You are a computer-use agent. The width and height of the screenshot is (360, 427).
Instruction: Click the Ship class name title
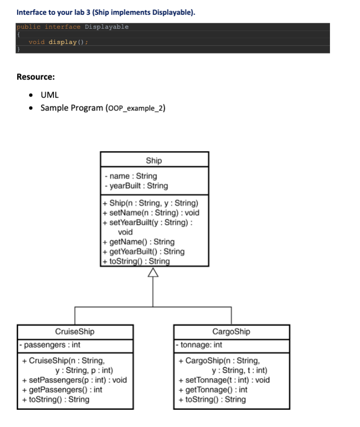tap(154, 161)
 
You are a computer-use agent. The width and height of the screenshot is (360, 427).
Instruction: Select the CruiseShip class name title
tap(75, 331)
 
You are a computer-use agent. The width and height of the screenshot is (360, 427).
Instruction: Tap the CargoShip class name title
tap(231, 331)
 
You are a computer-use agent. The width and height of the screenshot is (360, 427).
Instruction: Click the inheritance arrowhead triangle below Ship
tap(153, 272)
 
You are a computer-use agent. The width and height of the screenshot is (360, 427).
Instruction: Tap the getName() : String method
tap(142, 242)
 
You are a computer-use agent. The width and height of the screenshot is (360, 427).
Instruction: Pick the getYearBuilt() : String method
tap(147, 251)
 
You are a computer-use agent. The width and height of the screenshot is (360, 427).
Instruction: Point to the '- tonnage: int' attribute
tap(199, 345)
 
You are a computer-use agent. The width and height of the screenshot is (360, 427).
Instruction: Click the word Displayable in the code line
tap(107, 27)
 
